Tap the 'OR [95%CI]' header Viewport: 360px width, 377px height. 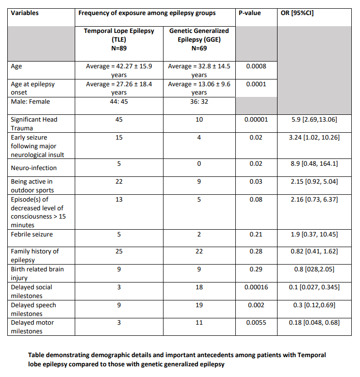[x=297, y=13]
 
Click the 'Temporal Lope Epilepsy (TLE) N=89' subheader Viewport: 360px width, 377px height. [x=119, y=39]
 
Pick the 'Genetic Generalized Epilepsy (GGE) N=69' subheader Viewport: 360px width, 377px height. [x=199, y=39]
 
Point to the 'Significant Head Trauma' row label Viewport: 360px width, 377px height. [x=30, y=124]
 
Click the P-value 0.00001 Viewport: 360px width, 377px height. [x=255, y=119]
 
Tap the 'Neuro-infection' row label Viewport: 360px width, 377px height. [x=33, y=168]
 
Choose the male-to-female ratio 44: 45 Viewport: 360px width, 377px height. [x=119, y=102]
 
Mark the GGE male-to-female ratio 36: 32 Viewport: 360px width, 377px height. [x=199, y=102]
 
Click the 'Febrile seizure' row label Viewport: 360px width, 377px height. [x=32, y=235]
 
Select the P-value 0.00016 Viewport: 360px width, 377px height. [x=255, y=287]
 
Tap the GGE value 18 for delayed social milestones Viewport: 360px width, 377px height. [x=199, y=287]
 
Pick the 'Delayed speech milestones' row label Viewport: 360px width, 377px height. [x=33, y=309]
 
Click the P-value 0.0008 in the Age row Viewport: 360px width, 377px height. [x=255, y=66]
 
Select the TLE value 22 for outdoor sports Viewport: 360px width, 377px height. [x=119, y=182]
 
